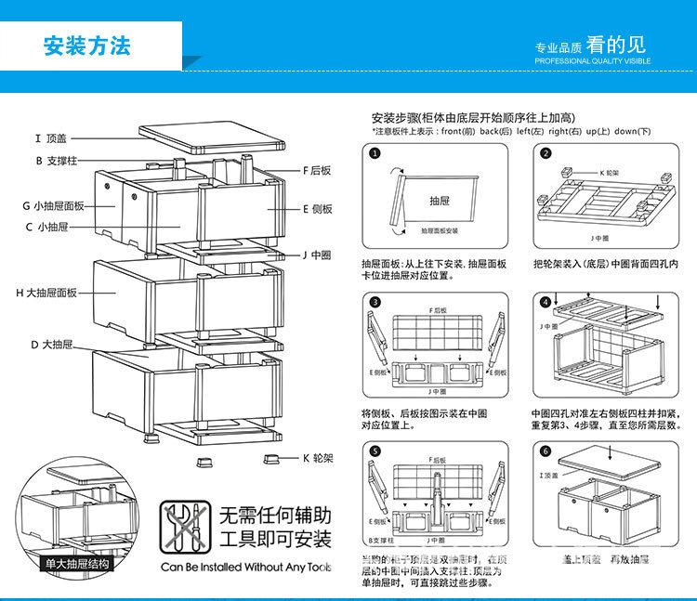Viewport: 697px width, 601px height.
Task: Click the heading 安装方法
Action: [88, 46]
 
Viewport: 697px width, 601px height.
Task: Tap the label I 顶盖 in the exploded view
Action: [51, 138]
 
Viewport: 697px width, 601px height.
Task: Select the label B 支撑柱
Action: [53, 160]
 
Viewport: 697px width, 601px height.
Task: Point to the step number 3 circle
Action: [374, 303]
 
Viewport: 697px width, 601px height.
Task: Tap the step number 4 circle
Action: [546, 303]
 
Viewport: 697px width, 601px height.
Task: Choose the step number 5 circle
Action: [374, 451]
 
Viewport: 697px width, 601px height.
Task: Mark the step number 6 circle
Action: [546, 451]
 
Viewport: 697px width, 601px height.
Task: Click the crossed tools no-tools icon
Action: [183, 527]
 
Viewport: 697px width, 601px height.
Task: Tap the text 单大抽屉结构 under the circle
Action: [78, 563]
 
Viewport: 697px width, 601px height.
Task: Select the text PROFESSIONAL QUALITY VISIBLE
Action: [592, 60]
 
